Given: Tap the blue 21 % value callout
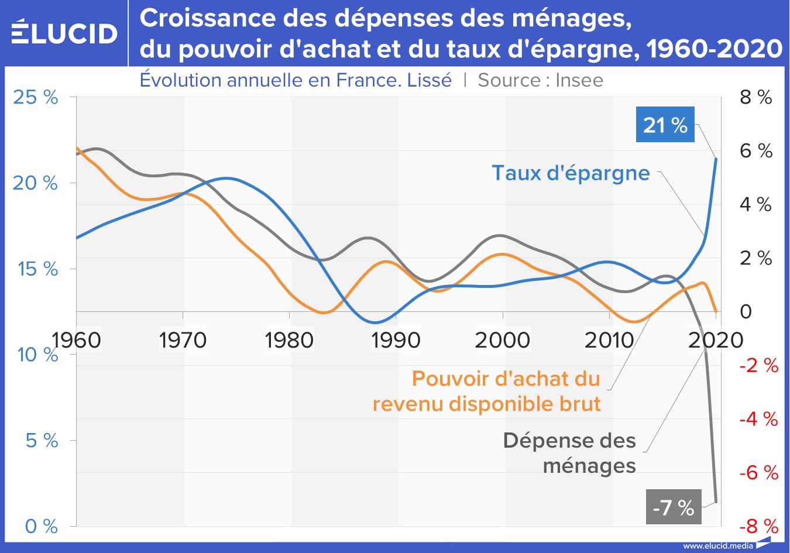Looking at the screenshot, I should tap(665, 125).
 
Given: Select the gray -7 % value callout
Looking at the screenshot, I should tap(673, 507).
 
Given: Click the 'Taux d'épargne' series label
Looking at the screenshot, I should tap(571, 173).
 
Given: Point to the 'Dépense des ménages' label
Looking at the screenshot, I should tap(569, 453).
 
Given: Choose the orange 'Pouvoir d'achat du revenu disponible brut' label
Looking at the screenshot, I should tap(487, 391).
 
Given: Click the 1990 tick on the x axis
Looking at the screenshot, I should tap(396, 340).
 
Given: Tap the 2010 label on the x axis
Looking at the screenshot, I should tap(609, 340).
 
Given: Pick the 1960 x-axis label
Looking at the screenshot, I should tap(77, 340).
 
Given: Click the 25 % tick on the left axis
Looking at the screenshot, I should tap(36, 97).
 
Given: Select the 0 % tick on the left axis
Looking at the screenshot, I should tap(42, 526).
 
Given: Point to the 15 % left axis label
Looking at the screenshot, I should tap(38, 269).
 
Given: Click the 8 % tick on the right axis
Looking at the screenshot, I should tap(756, 97).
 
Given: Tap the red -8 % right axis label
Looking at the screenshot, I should tap(758, 526).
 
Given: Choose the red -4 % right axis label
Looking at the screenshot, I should tap(758, 419).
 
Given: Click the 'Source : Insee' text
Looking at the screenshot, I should tap(540, 80).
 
